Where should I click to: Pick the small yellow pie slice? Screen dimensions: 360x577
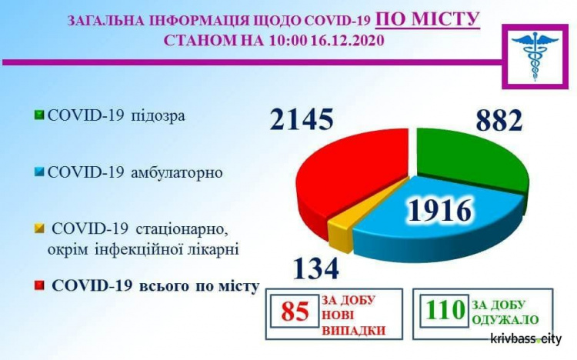(339, 231)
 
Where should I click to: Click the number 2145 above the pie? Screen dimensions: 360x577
(302, 120)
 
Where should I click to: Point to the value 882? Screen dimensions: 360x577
(488, 120)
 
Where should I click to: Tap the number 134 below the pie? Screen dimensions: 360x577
(315, 268)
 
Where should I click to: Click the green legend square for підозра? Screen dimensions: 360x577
(38, 116)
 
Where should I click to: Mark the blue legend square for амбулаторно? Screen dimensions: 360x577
(38, 172)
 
